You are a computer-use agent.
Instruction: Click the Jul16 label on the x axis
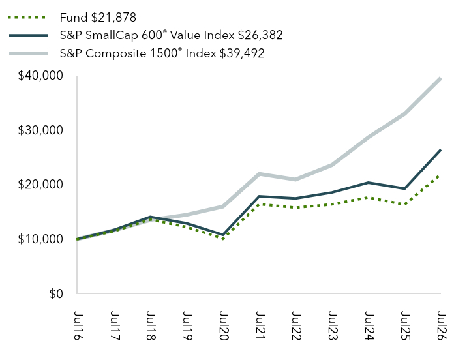tap(77, 325)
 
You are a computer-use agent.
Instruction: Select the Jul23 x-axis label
tap(332, 325)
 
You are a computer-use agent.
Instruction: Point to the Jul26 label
tap(441, 325)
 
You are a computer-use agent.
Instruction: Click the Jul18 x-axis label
tap(150, 325)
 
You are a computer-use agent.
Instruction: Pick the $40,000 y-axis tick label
tap(40, 76)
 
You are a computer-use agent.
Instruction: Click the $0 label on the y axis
tap(56, 293)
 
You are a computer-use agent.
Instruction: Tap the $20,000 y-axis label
tap(40, 185)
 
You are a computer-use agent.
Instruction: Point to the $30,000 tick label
tap(40, 130)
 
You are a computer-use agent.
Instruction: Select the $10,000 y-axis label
tap(40, 239)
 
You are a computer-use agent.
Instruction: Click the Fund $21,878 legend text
tap(98, 18)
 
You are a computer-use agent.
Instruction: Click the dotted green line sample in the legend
tap(27, 18)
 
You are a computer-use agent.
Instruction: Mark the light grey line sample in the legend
tap(29, 53)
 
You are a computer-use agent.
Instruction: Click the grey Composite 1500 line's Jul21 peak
tap(260, 174)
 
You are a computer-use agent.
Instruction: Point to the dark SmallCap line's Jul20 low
tap(222, 235)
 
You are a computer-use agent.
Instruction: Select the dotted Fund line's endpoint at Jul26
tap(440, 175)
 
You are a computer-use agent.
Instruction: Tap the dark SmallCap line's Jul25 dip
tap(404, 188)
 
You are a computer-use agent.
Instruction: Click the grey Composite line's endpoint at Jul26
tap(440, 78)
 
